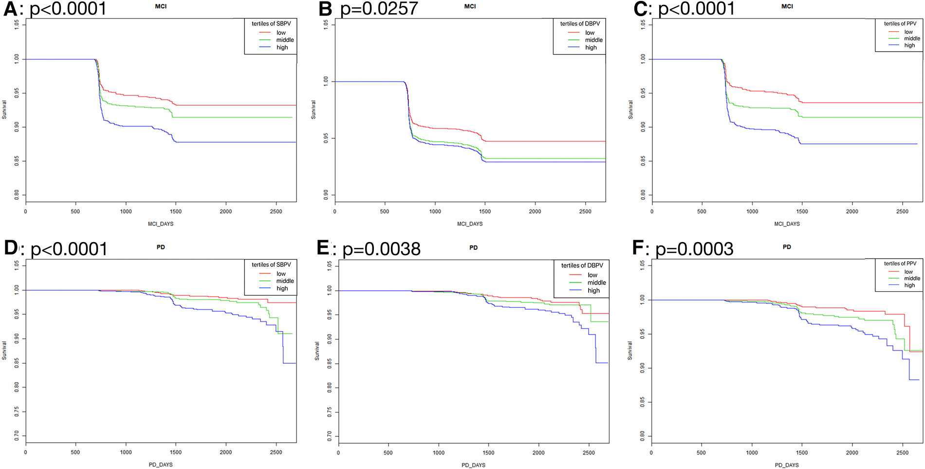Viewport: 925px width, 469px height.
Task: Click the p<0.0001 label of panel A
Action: [x=68, y=9]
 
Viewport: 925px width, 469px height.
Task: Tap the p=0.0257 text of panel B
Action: [x=379, y=9]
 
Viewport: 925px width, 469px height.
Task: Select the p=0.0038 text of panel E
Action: [x=381, y=249]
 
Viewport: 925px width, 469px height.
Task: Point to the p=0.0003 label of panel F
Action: [x=694, y=249]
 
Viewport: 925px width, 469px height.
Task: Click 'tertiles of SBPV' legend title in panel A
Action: [x=271, y=23]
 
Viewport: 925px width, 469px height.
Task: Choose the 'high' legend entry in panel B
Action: [x=591, y=47]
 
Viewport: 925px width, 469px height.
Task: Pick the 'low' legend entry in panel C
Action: [x=908, y=32]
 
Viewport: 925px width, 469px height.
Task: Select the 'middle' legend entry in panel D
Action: [x=285, y=281]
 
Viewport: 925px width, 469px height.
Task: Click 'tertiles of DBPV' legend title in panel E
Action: [x=582, y=265]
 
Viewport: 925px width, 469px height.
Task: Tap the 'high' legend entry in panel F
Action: [x=909, y=285]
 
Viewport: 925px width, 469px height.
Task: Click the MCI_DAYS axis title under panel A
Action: [x=161, y=224]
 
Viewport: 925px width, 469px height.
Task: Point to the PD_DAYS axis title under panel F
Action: [x=787, y=465]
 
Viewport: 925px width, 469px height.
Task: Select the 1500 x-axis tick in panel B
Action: [x=485, y=211]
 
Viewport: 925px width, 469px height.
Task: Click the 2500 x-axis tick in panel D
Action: [x=276, y=452]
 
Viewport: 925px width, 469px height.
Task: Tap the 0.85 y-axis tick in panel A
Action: [x=17, y=161]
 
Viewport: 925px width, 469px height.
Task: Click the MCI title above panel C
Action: [x=787, y=6]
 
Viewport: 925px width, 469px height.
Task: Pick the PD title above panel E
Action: [x=473, y=247]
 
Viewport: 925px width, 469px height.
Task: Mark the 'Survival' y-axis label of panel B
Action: [x=313, y=110]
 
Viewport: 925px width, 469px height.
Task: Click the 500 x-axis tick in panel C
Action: [x=702, y=211]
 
